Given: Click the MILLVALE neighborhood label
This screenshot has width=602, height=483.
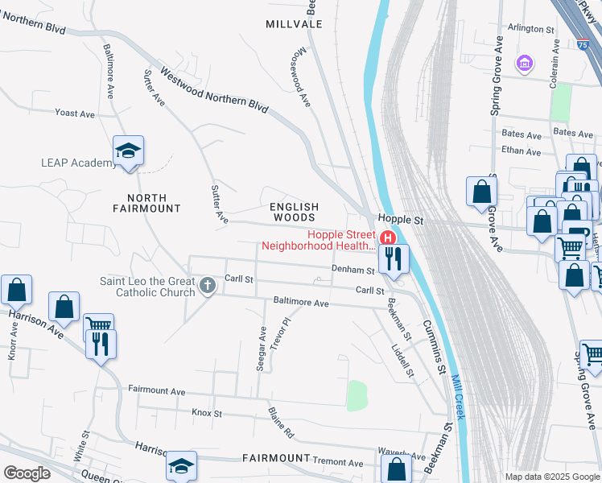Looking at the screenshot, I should click(x=294, y=24).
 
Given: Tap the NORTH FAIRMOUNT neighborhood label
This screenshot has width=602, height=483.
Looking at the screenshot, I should click(x=146, y=203).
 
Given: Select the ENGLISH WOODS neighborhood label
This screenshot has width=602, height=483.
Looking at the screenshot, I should click(x=294, y=212).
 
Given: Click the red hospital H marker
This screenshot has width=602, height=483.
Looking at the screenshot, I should click(x=387, y=238).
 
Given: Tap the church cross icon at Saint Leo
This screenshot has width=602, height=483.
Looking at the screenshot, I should click(x=208, y=285).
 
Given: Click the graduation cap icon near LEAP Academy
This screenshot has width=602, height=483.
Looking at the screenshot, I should click(x=128, y=151).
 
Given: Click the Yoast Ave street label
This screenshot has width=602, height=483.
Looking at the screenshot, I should click(x=75, y=114).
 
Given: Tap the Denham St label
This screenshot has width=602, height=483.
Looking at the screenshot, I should click(x=353, y=270).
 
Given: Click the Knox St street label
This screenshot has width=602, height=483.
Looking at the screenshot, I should click(x=206, y=413).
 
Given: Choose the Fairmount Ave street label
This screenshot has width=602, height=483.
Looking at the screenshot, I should click(x=157, y=391).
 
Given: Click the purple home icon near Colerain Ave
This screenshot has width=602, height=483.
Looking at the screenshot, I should click(x=526, y=63).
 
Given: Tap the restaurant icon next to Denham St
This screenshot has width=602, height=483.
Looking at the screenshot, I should click(x=394, y=258).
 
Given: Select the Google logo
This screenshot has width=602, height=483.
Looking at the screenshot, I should click(x=27, y=473).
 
